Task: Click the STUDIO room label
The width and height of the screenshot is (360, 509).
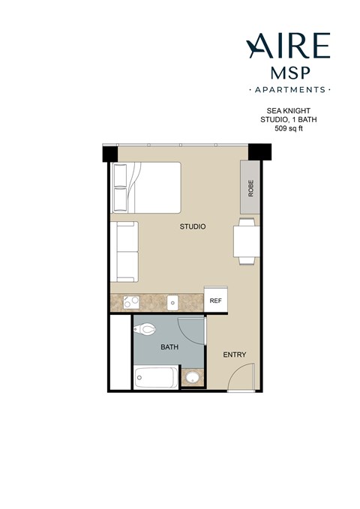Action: click(193, 226)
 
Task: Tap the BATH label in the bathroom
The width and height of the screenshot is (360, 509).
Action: click(169, 348)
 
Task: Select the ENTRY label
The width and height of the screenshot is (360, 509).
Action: click(235, 355)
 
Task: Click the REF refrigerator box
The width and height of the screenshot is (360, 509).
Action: click(216, 301)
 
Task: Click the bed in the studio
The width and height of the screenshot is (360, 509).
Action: click(146, 187)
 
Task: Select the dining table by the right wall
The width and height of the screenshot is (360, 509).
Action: click(245, 241)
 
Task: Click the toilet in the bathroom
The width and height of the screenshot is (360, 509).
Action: click(146, 328)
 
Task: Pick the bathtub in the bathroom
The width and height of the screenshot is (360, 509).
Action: click(156, 377)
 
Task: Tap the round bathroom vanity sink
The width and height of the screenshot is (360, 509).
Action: click(193, 378)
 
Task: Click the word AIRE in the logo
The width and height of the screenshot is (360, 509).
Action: click(287, 46)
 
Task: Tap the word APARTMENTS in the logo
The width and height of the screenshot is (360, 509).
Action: click(288, 89)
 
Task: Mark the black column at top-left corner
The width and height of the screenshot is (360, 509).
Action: click(110, 153)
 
